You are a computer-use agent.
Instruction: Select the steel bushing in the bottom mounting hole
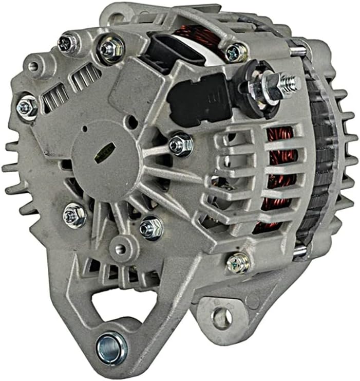click(111, 343)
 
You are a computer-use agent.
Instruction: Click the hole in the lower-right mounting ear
click(222, 318)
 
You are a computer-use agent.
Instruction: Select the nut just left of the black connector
click(111, 49)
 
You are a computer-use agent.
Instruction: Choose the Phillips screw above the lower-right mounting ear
click(238, 263)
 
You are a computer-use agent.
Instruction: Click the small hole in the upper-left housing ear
click(33, 66)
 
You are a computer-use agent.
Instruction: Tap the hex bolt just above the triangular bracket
click(151, 227)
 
